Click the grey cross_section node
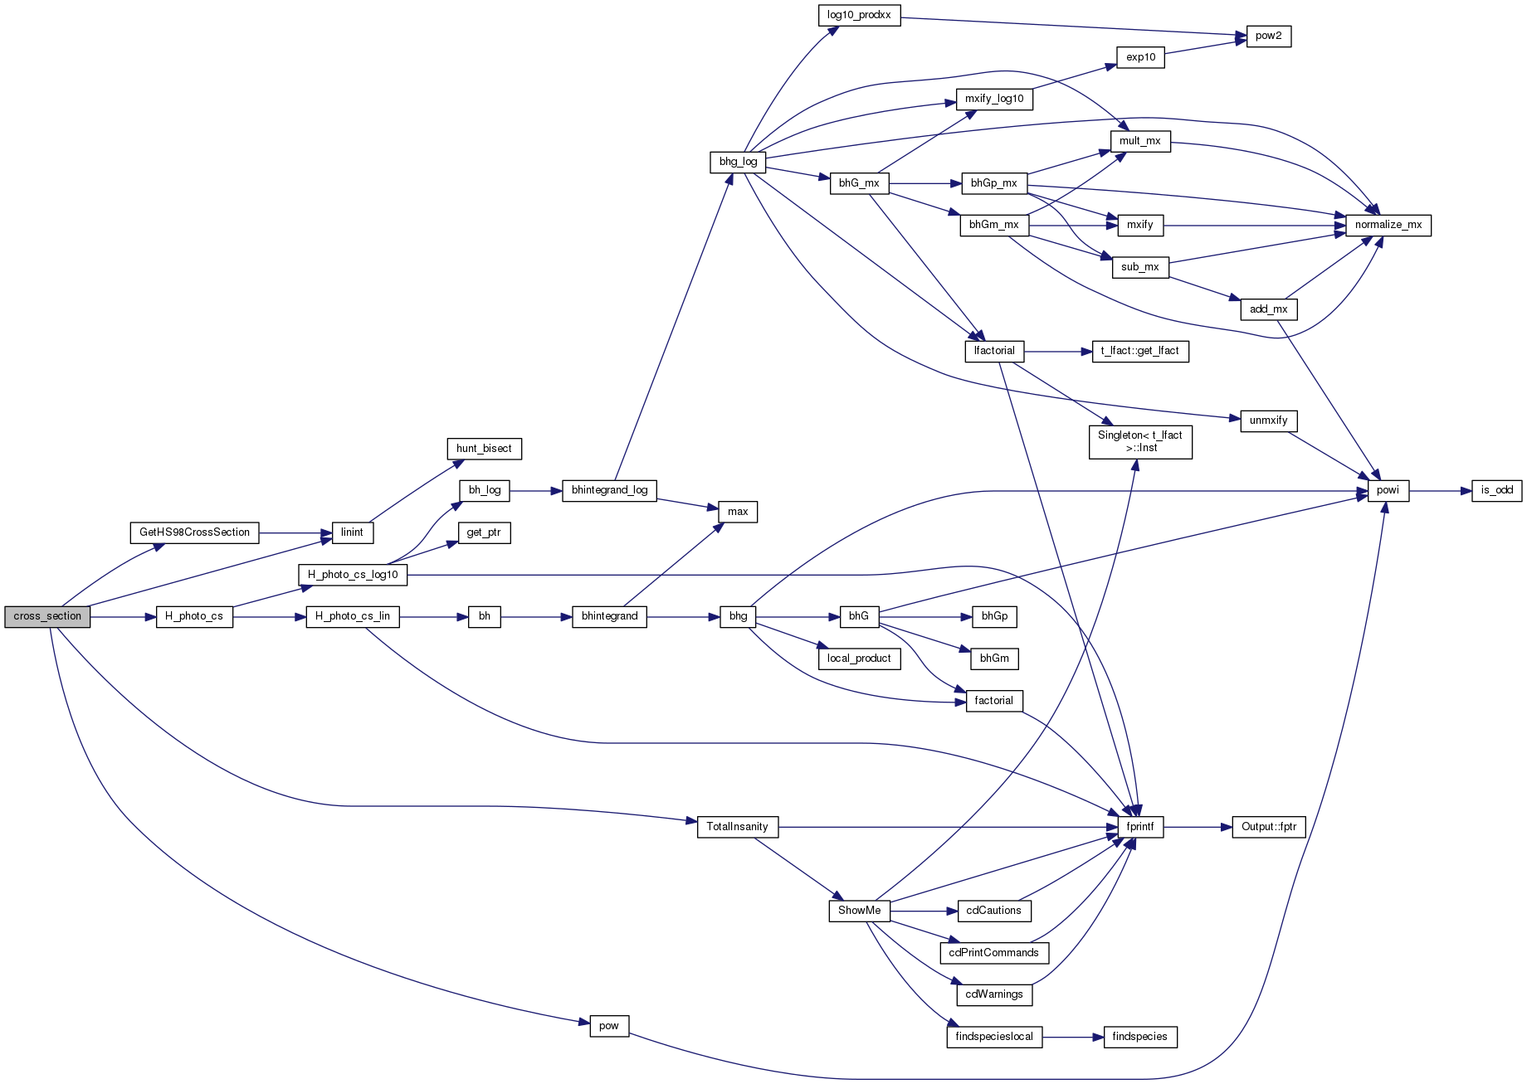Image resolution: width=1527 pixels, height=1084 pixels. coord(47,617)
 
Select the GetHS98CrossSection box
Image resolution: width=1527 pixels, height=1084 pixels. coord(194,532)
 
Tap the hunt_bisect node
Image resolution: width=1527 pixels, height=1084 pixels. coord(484,449)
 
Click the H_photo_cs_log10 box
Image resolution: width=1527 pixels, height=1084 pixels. coord(353,575)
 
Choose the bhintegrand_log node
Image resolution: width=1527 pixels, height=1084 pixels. coord(609,490)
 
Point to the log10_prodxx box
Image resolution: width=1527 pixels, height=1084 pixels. coord(859,15)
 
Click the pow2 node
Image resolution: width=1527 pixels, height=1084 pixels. coord(1268,36)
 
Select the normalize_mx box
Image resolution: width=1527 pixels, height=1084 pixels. coord(1388,225)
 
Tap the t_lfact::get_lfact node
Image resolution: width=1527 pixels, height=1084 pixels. coord(1140,352)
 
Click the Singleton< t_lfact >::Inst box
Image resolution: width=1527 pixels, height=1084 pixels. coord(1140,442)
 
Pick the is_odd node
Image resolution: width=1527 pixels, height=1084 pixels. coord(1497,490)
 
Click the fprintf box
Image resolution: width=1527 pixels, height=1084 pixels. coord(1140,827)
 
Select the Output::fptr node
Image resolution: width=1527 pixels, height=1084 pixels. coord(1269,827)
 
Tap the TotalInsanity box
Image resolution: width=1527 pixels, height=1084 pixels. coord(737,827)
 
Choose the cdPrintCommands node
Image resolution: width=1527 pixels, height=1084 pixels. coord(993,953)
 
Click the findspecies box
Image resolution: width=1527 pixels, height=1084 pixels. coord(1139,1037)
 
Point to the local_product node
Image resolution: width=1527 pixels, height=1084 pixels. coord(859,659)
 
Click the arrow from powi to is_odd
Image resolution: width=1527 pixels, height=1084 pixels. coord(1441,491)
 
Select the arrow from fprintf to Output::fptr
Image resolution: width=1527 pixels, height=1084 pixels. coord(1198,827)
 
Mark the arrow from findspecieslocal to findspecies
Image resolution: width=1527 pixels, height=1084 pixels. coord(1073,1037)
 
